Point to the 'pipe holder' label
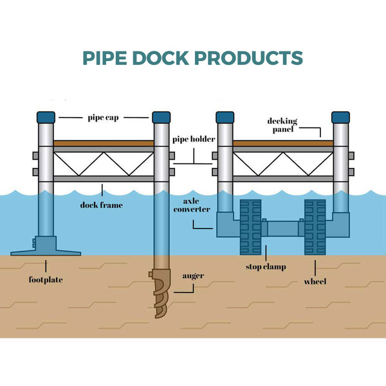(x=193, y=139)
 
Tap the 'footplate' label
(x=46, y=280)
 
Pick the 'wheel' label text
(x=315, y=281)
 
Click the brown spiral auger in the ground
(x=160, y=293)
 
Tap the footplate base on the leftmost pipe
(x=46, y=247)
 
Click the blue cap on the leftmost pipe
(x=46, y=117)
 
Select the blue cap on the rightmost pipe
(x=340, y=117)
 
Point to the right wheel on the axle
(x=315, y=228)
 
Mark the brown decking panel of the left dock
(x=103, y=143)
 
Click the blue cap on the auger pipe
(x=161, y=117)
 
